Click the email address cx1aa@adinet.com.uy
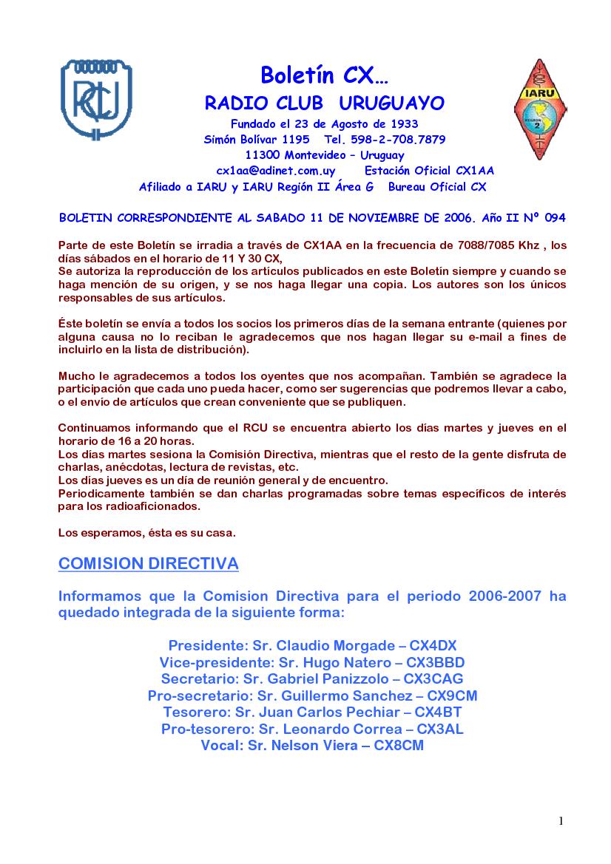pyautogui.click(x=275, y=171)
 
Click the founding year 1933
pyautogui.click(x=403, y=123)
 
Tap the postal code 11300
pyautogui.click(x=261, y=155)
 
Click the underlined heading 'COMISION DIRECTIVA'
pyautogui.click(x=149, y=565)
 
